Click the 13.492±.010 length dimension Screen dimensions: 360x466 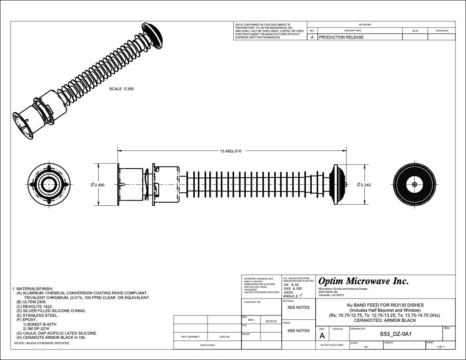[x=230, y=151]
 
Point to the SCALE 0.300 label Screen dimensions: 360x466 [x=122, y=89]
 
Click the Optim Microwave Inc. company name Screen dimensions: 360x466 [x=363, y=281]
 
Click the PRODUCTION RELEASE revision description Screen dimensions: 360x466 [x=341, y=37]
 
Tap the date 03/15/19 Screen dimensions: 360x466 [x=271, y=321]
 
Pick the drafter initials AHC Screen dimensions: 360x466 [x=251, y=320]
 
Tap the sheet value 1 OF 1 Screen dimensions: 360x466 [x=441, y=347]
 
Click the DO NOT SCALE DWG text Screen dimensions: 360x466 [x=332, y=346]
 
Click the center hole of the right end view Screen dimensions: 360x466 [x=414, y=185]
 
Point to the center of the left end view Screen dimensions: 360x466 [x=49, y=185]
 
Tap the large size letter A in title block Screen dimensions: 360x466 [x=322, y=336]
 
